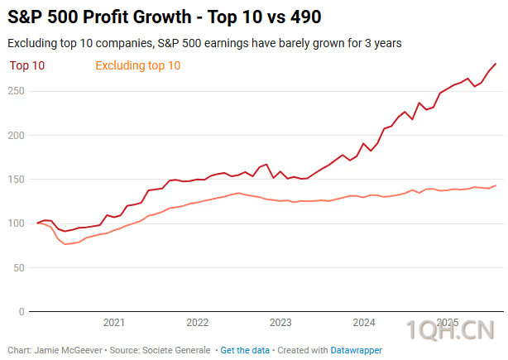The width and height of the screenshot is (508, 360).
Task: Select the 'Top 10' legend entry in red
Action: coord(26,65)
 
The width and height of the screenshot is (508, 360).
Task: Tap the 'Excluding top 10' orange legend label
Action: coord(138,65)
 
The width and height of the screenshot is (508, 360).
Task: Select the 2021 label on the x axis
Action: coord(114,323)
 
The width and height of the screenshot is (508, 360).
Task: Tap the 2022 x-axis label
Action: coord(197,323)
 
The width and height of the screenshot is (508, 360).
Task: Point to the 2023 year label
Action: coord(280,323)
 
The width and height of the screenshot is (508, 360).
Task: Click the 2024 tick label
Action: coord(364,323)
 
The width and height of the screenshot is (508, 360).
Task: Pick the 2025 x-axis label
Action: coord(448,323)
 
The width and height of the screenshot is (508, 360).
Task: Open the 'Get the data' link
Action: coord(244,350)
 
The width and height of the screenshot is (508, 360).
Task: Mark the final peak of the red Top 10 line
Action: coord(496,64)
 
